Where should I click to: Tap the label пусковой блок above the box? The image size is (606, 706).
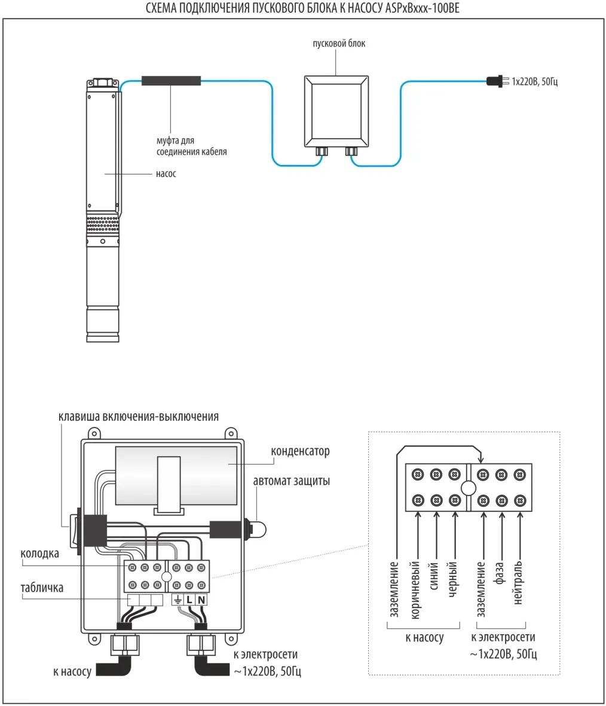[339, 44]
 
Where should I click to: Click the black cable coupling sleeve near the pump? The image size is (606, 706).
[171, 81]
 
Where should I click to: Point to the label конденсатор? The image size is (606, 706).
[300, 452]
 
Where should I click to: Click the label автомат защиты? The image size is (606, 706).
[291, 481]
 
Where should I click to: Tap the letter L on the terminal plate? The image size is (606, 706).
[189, 600]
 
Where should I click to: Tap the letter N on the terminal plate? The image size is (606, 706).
[201, 600]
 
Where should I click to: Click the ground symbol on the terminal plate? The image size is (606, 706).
[177, 600]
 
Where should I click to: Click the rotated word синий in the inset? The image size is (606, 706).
[434, 575]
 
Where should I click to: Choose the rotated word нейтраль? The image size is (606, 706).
[518, 582]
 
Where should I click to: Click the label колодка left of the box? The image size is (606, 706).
[40, 554]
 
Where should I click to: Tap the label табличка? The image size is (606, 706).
[42, 588]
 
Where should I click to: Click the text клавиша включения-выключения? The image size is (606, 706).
[139, 417]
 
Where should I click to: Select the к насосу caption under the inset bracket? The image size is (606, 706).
[424, 638]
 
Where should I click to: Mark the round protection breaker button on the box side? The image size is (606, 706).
[261, 528]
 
